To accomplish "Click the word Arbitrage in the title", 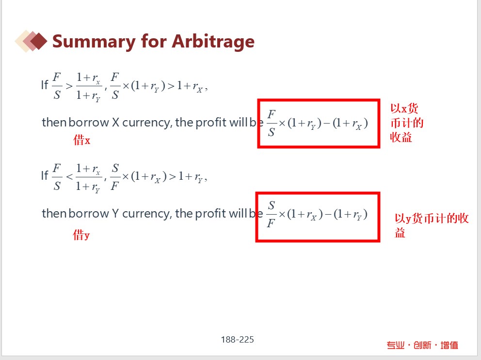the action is [x=213, y=42].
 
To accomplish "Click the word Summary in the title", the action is [x=94, y=42].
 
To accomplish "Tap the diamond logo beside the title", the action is [x=31, y=41].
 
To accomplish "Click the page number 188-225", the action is [x=237, y=340].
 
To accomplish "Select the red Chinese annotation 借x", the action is [x=81, y=140].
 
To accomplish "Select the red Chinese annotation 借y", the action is [x=81, y=235].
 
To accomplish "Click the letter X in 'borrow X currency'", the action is [x=115, y=123].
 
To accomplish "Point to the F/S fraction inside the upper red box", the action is [x=272, y=123].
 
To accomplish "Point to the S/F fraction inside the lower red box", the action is [x=271, y=214].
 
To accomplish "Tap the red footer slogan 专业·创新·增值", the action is [x=422, y=345].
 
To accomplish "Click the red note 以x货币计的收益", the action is [x=407, y=123].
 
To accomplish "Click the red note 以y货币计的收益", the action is [x=432, y=225].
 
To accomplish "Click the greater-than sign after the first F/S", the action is [x=69, y=86].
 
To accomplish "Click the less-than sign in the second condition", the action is [x=70, y=177].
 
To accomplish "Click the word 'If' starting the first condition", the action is [x=45, y=85].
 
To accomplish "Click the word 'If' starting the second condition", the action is [x=45, y=176].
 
